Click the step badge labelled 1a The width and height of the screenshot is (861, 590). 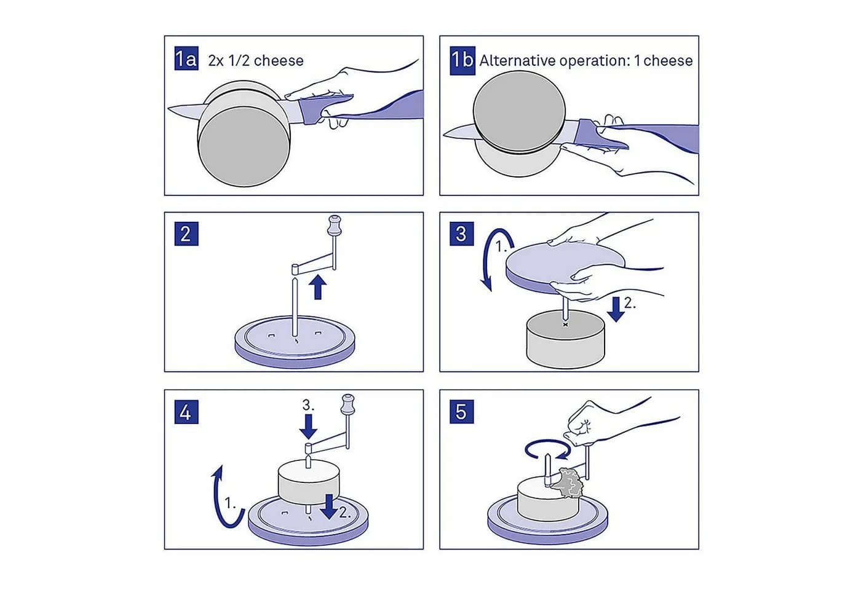tap(186, 58)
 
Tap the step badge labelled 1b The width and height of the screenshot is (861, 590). tap(462, 60)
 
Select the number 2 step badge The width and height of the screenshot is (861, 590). tap(186, 234)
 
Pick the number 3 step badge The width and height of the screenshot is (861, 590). tap(462, 234)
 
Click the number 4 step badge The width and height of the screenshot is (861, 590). tap(186, 412)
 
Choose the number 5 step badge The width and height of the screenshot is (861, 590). tap(462, 412)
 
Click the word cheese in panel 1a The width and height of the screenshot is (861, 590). tap(279, 61)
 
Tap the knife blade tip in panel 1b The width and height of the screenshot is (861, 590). tap(444, 135)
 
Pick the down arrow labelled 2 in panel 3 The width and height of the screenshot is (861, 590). tap(616, 309)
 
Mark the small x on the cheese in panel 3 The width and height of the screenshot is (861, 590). tap(565, 324)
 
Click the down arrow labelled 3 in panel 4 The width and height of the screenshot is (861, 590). tap(308, 427)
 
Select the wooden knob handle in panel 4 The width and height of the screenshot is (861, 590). tap(347, 404)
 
